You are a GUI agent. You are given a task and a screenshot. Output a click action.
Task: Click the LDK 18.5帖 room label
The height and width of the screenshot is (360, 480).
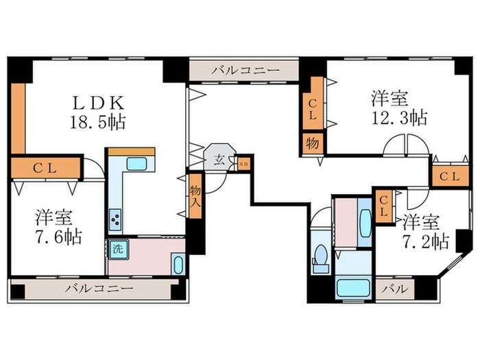pos(99,113)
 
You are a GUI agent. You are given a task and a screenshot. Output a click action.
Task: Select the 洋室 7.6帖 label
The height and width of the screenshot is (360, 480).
pos(58,228)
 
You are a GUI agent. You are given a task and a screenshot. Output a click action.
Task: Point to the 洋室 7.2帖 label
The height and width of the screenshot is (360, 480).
pos(426,231)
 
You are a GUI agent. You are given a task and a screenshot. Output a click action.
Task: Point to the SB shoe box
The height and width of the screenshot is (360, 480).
pos(243,164)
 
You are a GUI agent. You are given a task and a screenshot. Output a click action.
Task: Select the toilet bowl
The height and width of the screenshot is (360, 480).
pos(320,261)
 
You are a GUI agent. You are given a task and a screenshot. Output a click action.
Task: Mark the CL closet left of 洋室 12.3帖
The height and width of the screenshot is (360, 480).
pos(313,107)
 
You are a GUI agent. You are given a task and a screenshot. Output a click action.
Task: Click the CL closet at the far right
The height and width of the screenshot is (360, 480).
pos(451,176)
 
